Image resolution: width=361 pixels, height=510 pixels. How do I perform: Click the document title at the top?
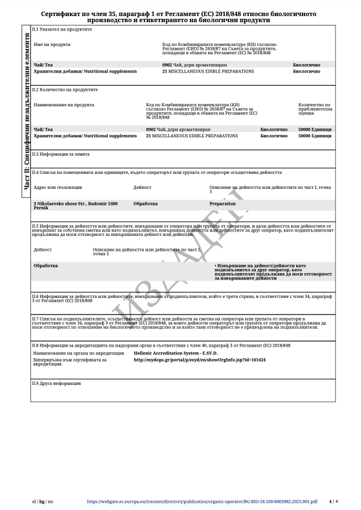(180, 16)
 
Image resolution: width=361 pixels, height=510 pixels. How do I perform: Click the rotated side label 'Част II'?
(26, 111)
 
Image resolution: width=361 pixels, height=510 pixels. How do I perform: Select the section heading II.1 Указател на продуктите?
(62, 29)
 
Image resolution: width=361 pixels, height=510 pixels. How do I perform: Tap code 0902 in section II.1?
(167, 65)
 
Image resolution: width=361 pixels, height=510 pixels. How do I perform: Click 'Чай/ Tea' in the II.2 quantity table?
(44, 129)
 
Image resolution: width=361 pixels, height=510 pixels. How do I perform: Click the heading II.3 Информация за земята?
(60, 154)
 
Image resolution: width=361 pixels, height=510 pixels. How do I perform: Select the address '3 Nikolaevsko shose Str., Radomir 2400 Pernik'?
(75, 205)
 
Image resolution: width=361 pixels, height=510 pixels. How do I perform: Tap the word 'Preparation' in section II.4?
(222, 204)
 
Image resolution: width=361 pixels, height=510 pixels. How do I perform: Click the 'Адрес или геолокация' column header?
(58, 187)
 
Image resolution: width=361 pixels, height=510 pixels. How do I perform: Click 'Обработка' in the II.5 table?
(45, 266)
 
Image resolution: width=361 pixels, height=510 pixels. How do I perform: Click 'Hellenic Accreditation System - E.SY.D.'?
(176, 353)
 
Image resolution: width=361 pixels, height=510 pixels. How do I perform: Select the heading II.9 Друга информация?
(56, 383)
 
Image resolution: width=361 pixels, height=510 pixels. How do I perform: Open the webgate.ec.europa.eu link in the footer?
(202, 502)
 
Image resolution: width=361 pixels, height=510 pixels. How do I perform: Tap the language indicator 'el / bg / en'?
(42, 502)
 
